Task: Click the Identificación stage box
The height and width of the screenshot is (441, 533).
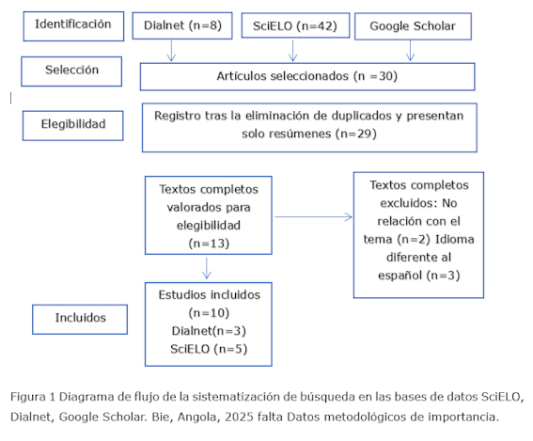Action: [73, 26]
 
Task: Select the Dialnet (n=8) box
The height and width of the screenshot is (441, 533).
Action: [182, 25]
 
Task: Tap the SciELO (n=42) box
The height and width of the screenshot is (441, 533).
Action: [295, 25]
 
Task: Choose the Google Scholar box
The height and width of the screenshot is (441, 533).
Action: [413, 26]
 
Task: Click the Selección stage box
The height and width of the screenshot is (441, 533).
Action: [71, 71]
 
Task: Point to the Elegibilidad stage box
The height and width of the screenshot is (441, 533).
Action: [72, 125]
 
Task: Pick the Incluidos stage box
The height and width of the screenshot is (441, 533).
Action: [80, 320]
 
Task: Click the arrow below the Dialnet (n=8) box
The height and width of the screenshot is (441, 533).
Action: [172, 51]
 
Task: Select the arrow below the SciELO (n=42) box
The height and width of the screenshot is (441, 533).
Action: [292, 51]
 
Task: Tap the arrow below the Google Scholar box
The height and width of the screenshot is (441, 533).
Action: [410, 51]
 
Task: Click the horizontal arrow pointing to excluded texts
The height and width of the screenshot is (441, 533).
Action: [313, 216]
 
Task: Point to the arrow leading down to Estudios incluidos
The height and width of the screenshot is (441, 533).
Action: [206, 268]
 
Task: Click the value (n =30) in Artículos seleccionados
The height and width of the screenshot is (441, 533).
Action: [375, 76]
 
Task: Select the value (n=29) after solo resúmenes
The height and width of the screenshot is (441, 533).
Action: [356, 134]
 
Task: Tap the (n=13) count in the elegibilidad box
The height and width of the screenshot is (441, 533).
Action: [209, 244]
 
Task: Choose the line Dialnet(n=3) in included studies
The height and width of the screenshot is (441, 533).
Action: [209, 331]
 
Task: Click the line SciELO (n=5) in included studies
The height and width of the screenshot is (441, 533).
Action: [209, 349]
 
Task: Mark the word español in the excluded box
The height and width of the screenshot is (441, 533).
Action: [400, 276]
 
